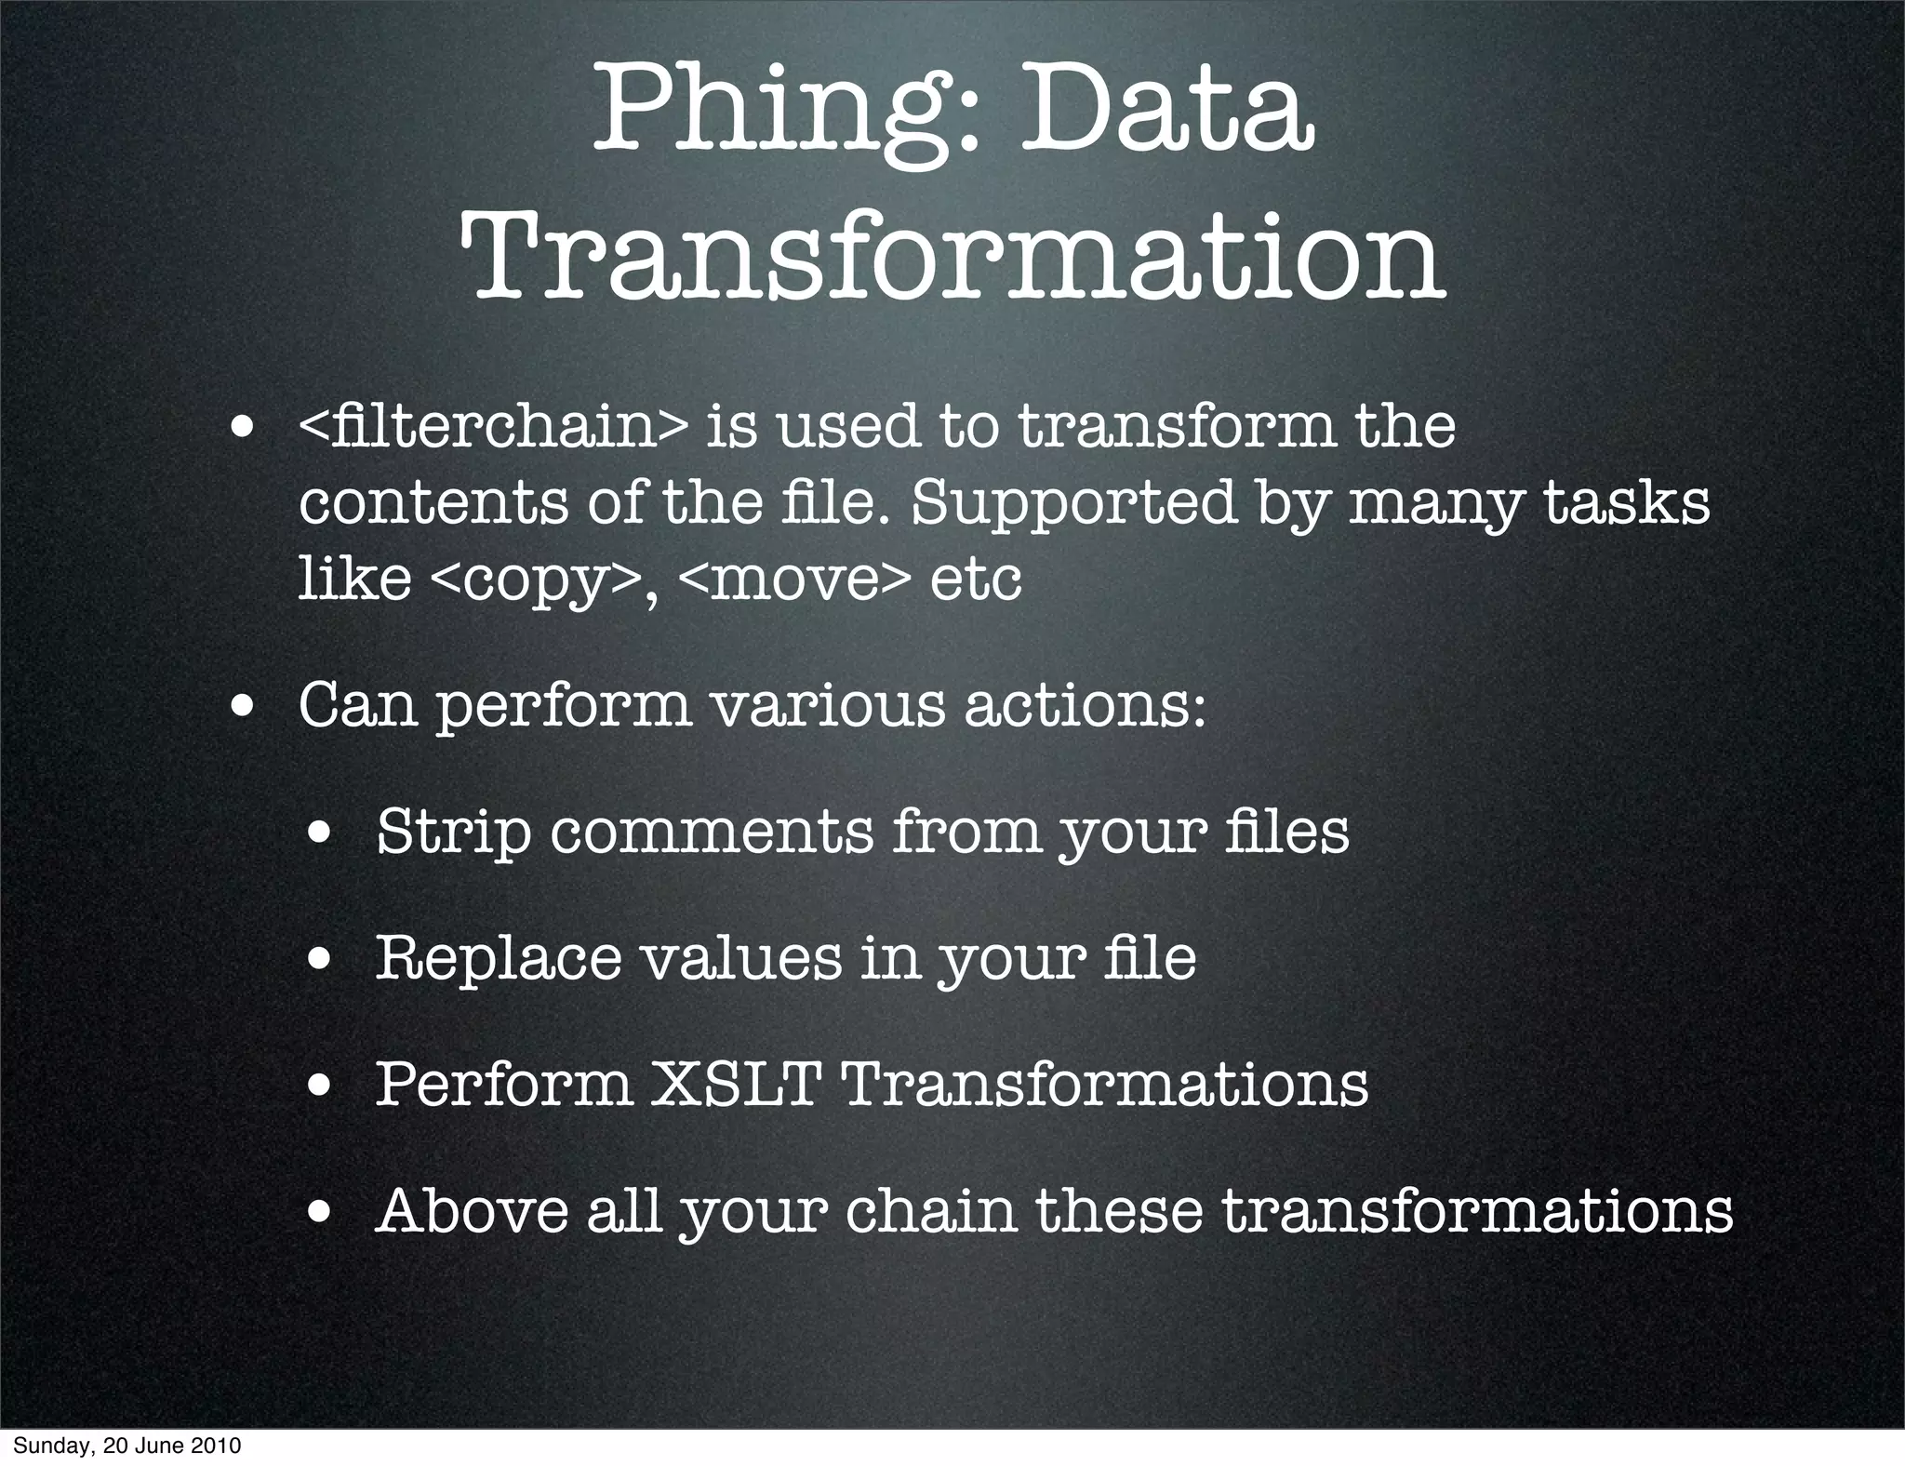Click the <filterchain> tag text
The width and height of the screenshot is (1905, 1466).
point(493,427)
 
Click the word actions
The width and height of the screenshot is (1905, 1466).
point(1084,704)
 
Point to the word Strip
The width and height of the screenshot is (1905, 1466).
point(453,833)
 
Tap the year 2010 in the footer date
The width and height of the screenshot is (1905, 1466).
point(217,1446)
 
